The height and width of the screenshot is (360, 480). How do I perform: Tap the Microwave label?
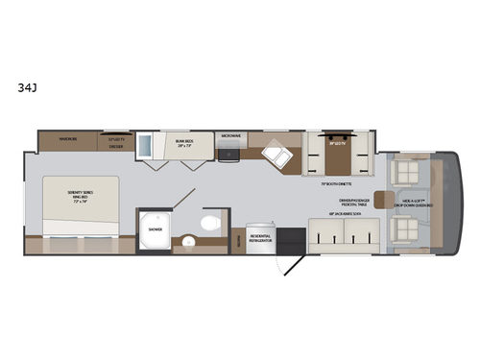click(230, 137)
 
